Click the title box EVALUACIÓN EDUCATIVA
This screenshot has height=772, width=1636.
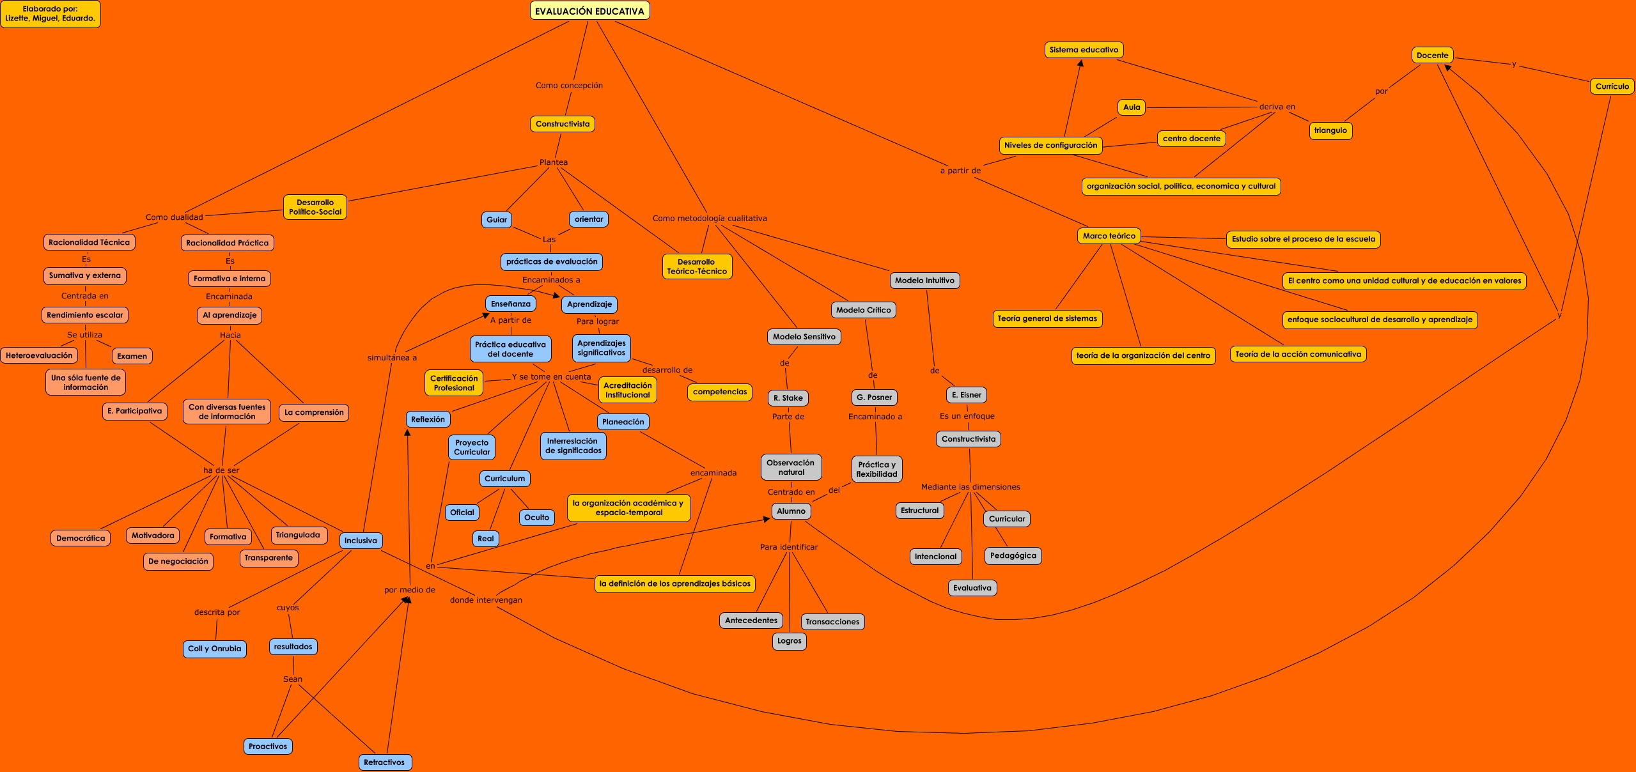click(589, 11)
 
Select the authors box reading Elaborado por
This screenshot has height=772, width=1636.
click(50, 14)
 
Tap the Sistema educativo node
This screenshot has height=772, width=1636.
click(1084, 50)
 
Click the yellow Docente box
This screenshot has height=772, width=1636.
click(1432, 56)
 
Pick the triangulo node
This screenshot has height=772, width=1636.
click(1330, 130)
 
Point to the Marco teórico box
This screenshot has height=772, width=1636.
click(1109, 236)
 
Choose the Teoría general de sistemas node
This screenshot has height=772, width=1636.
click(1047, 318)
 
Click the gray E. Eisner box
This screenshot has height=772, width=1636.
click(967, 395)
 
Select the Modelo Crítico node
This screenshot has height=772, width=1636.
click(863, 310)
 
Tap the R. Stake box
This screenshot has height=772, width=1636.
click(788, 398)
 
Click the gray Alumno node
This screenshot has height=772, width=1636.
click(791, 511)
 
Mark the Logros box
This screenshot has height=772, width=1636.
click(790, 640)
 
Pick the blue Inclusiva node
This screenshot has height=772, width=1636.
click(361, 541)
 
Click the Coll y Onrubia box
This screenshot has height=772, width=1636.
click(214, 649)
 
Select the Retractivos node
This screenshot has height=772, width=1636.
click(384, 762)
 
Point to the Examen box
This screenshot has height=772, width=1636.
click(132, 356)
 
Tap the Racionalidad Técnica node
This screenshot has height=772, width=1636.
click(90, 242)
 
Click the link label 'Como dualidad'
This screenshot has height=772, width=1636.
click(174, 217)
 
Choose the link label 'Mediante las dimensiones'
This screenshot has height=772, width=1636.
click(970, 487)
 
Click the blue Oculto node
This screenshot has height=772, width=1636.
click(537, 518)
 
